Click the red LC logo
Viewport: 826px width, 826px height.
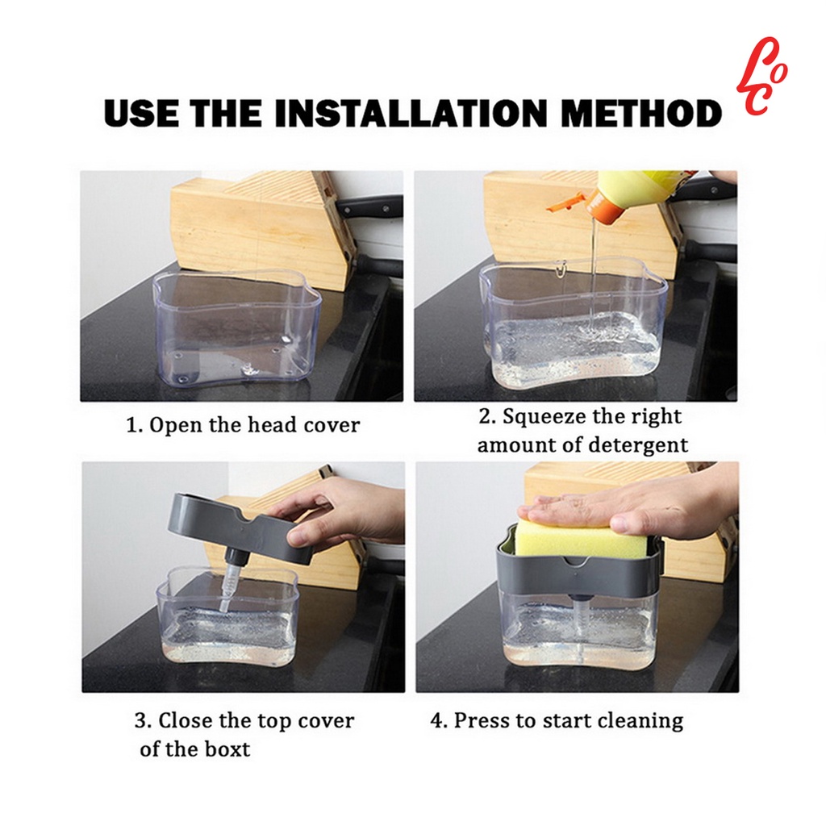click(x=761, y=77)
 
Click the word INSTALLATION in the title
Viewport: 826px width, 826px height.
click(x=411, y=113)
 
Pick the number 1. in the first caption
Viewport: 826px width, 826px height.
click(x=135, y=425)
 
